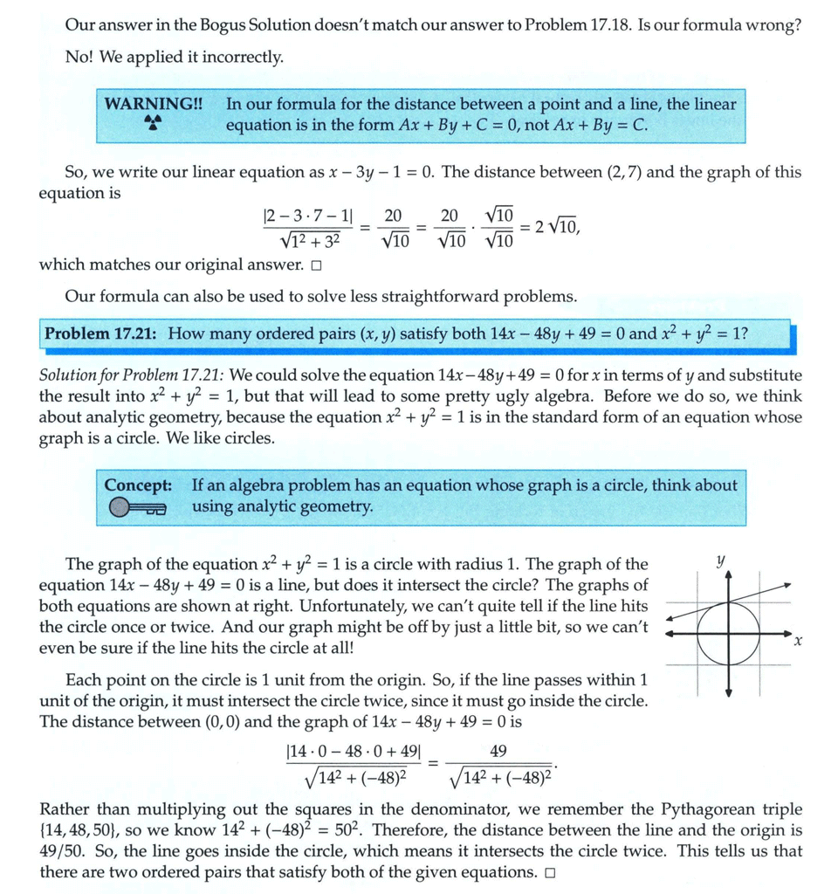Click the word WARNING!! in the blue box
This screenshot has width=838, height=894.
[153, 104]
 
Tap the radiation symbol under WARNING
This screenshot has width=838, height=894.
[154, 125]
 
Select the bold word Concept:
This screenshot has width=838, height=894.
[137, 485]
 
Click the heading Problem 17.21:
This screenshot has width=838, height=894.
[102, 334]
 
